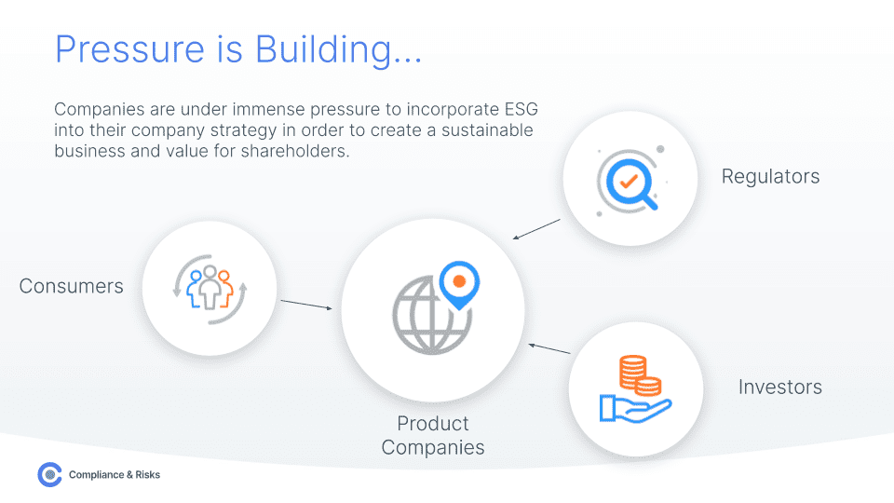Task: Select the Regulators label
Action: point(770,176)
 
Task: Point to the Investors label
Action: point(780,387)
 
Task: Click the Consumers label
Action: point(71,286)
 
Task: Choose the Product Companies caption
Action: point(433,435)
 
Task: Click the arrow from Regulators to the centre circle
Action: point(536,230)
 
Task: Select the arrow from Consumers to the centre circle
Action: point(306,305)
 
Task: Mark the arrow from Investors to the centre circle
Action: point(549,348)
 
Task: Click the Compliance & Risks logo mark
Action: point(49,475)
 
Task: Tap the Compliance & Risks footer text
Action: point(115,475)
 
